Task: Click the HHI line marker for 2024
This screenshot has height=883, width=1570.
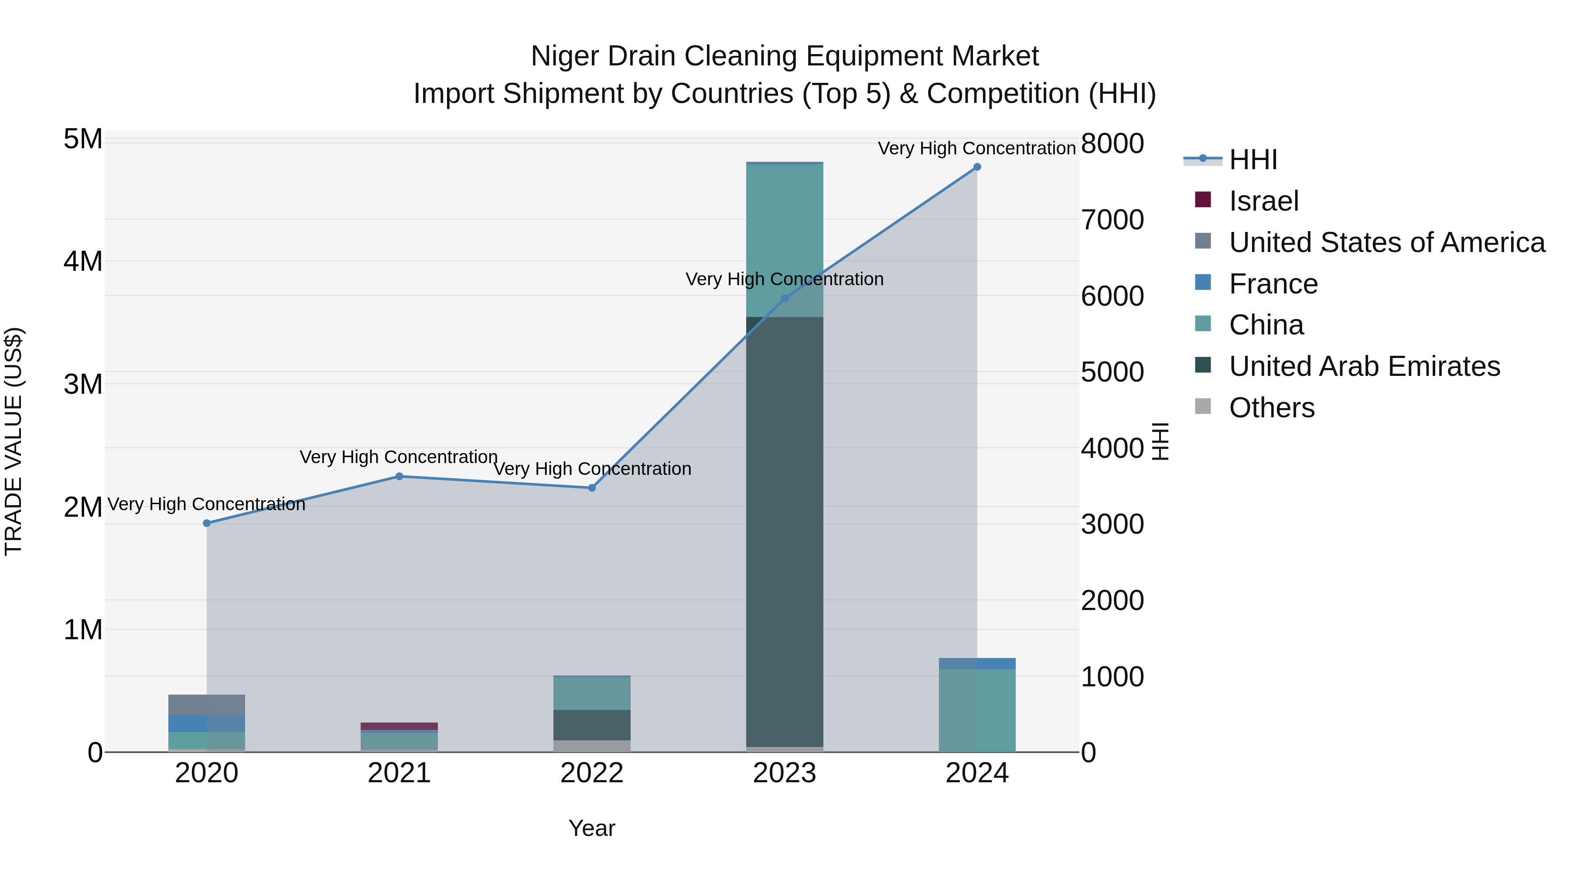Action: point(977,167)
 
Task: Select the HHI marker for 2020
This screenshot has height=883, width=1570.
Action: point(207,523)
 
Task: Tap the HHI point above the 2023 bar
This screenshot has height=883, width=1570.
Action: point(785,299)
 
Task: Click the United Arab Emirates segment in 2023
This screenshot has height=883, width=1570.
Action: point(785,530)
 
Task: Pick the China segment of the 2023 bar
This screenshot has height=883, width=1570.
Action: point(785,241)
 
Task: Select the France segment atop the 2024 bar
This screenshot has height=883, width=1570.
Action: point(977,664)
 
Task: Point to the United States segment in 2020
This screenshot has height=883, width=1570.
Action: point(207,705)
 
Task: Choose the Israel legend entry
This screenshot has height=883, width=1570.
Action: point(1263,201)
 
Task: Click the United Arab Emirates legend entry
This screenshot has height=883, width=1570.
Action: point(1364,366)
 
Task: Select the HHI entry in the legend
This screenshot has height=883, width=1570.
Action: point(1253,160)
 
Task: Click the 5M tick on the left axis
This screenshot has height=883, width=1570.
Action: point(83,139)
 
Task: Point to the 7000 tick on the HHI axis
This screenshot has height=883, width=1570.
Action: point(1112,220)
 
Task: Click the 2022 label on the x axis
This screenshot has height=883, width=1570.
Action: point(592,773)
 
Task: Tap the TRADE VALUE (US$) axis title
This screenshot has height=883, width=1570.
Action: point(14,441)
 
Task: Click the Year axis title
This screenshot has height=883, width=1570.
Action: point(592,828)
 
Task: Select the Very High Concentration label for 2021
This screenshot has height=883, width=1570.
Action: point(399,457)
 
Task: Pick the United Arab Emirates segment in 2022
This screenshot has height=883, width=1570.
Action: point(592,725)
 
